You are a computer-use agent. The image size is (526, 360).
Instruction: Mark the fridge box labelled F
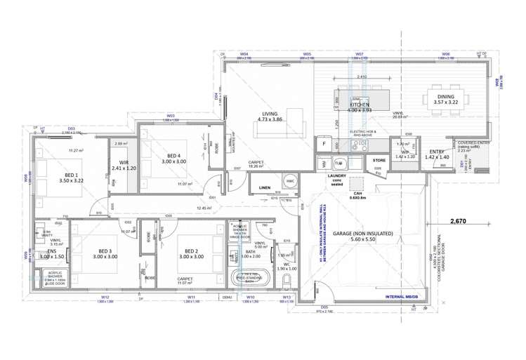coord(323,145)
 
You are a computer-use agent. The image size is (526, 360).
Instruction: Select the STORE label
coord(379,161)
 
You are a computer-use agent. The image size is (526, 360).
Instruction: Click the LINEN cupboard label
coord(264,188)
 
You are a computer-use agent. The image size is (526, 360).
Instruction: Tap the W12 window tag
coord(105,297)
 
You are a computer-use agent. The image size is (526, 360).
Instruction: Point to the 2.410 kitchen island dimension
coord(362,76)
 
